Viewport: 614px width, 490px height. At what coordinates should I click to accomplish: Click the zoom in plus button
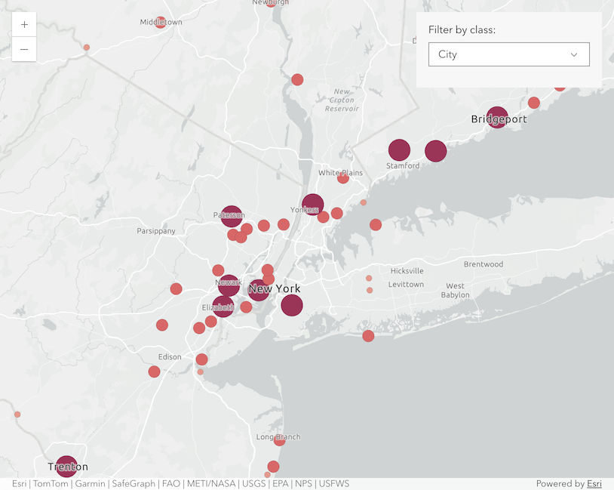click(24, 24)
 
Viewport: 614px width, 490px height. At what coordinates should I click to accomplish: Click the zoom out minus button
click(24, 49)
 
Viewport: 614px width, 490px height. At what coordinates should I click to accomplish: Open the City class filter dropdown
click(508, 54)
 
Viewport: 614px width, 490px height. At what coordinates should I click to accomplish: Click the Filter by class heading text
click(462, 30)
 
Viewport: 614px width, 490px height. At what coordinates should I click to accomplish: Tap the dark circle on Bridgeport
click(496, 117)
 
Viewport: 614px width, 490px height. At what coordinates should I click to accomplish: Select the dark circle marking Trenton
click(66, 466)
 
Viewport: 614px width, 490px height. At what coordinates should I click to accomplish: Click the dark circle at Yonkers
click(312, 205)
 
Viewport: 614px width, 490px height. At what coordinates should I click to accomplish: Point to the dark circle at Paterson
click(232, 216)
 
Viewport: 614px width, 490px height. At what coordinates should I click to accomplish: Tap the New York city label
click(275, 288)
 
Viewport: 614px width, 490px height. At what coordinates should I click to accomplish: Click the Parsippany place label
click(156, 231)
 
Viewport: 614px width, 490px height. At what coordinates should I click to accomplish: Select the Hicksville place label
click(407, 271)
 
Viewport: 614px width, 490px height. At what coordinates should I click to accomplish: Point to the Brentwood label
click(484, 264)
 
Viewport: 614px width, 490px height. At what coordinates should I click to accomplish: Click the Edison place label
click(170, 357)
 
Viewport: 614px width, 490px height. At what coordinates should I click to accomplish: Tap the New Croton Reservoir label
click(341, 100)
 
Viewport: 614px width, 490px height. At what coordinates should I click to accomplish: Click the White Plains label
click(340, 173)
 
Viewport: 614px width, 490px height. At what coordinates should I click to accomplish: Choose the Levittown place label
click(406, 285)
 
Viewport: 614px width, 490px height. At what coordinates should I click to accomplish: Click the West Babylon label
click(456, 291)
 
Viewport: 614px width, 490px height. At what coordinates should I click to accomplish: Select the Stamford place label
click(403, 166)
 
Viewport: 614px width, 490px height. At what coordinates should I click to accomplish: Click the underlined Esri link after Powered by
click(594, 484)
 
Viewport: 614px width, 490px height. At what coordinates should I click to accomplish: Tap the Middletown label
click(161, 22)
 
